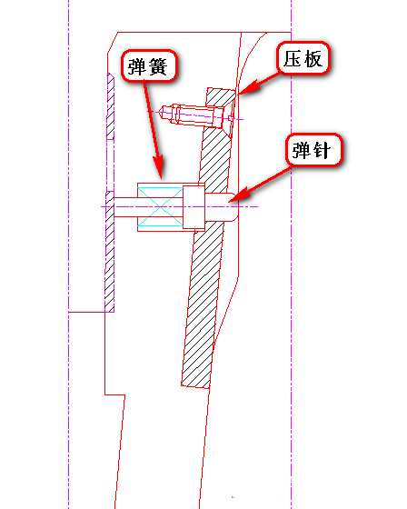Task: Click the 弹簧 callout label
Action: point(149,65)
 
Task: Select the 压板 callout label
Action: point(303,58)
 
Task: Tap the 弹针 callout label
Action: point(314,150)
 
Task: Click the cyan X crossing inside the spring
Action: point(160,207)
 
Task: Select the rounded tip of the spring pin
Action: point(234,207)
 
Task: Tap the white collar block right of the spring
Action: point(194,207)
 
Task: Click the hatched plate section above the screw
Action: point(220,96)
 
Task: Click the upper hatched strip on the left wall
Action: point(111,106)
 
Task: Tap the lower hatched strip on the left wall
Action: point(110,252)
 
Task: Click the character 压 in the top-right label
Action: point(292,58)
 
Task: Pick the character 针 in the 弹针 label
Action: point(322,151)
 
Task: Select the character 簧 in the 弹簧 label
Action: point(158,66)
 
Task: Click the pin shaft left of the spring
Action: point(125,207)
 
